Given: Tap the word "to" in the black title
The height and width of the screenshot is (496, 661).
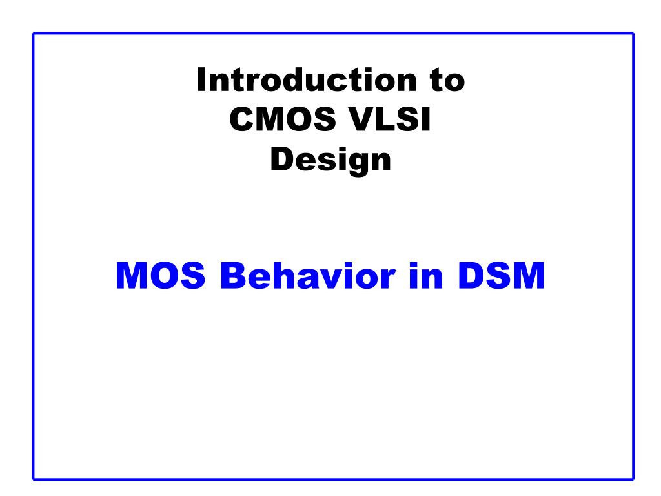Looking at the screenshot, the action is (448, 81).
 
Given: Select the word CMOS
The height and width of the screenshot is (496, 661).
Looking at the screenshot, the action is (283, 119).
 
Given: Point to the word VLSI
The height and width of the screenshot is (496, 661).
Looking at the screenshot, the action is (390, 119).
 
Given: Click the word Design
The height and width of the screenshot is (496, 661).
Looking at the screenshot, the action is (331, 160).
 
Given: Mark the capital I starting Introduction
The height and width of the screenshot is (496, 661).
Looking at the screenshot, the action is (201, 79).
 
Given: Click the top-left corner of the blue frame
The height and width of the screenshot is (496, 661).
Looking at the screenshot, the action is (34, 34).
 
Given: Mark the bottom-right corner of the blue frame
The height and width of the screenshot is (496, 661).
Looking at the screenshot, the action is (633, 479).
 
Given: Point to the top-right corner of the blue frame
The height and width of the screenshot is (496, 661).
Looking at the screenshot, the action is (633, 34).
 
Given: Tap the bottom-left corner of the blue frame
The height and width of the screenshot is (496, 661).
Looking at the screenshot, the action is (34, 479).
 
